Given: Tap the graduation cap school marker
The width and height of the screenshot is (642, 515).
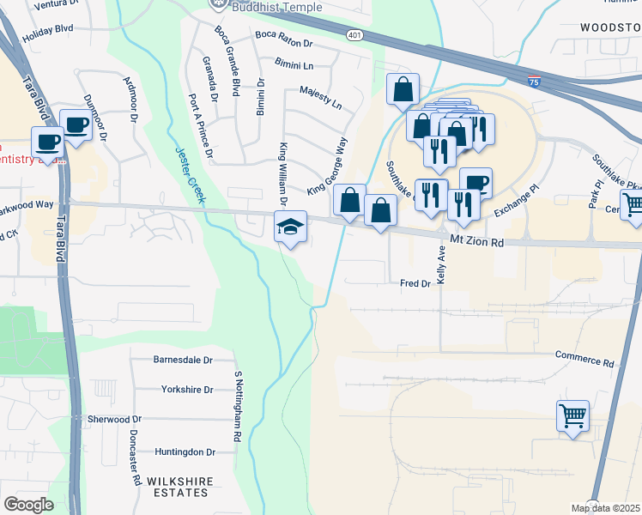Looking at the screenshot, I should [x=290, y=227].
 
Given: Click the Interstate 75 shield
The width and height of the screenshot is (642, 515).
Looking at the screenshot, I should [x=535, y=82].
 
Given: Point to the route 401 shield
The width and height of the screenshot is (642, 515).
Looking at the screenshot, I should [x=354, y=34].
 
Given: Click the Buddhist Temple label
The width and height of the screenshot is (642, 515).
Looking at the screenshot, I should [x=266, y=8].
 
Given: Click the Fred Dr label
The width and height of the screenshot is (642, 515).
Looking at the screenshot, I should [x=415, y=282].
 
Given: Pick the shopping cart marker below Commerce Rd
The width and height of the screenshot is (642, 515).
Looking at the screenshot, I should [x=572, y=416].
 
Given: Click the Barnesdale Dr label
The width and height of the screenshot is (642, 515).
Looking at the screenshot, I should [x=182, y=360].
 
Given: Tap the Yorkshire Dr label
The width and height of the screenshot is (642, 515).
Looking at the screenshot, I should [x=186, y=390].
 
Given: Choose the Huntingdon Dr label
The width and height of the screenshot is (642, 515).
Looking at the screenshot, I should [x=184, y=452].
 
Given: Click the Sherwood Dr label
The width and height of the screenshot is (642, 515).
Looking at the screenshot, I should [x=114, y=419].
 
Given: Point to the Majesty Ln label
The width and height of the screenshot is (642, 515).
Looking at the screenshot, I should [x=320, y=95].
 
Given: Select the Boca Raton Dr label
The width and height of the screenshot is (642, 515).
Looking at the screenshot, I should [x=284, y=39].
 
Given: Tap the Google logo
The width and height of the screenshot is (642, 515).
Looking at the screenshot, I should [x=28, y=505].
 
